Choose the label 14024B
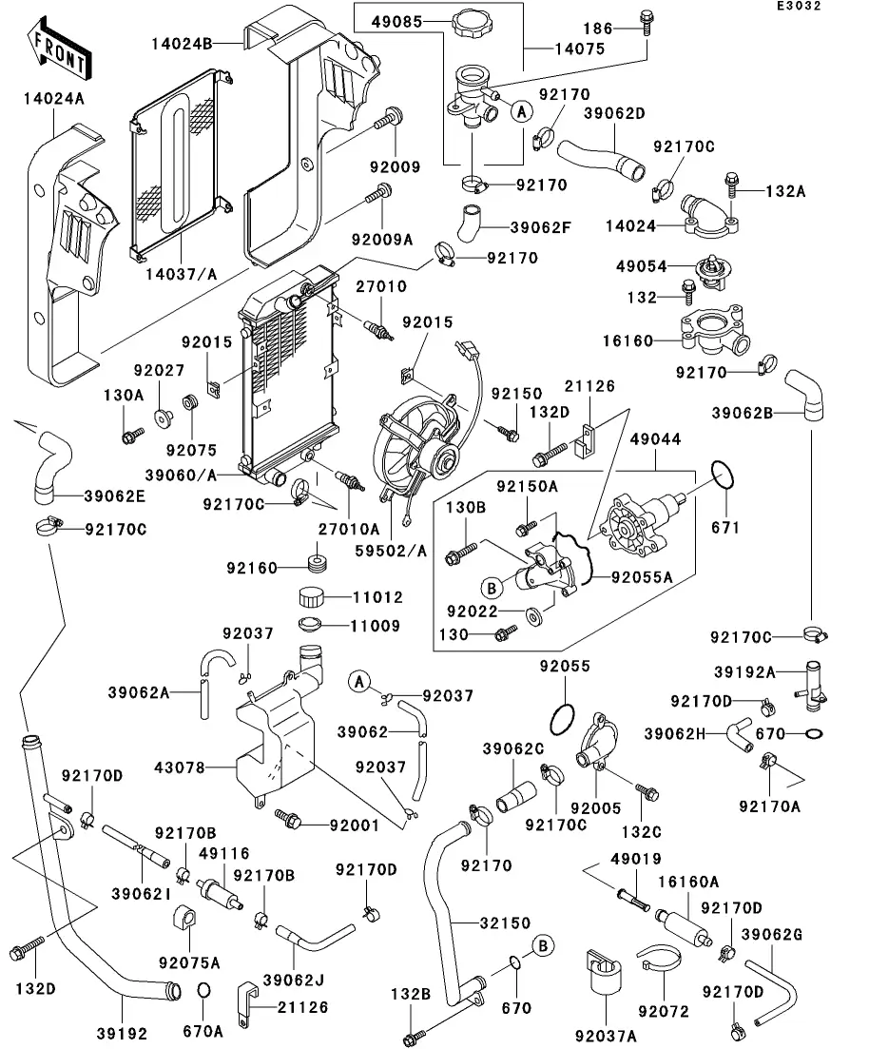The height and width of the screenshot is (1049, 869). pyautogui.click(x=181, y=42)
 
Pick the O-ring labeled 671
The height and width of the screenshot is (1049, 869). pyautogui.click(x=724, y=476)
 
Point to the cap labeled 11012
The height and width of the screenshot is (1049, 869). pyautogui.click(x=311, y=598)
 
